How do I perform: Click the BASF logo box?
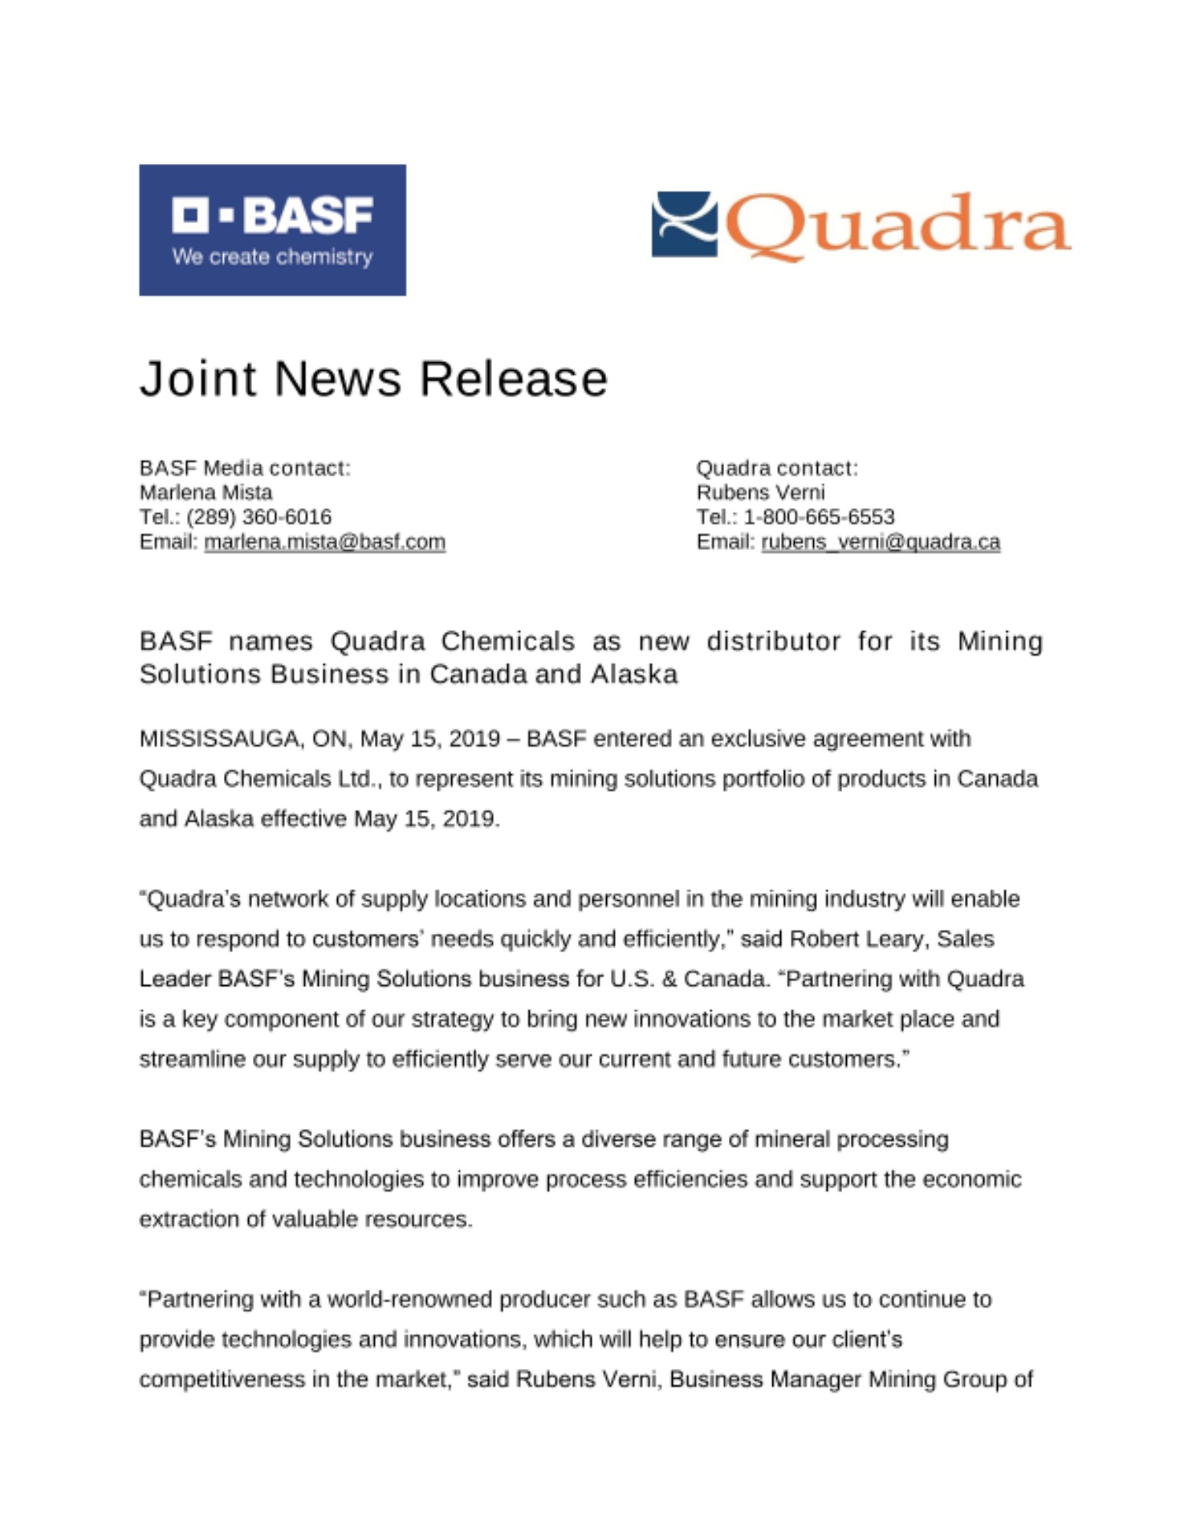tap(272, 229)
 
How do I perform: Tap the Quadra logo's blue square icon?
tap(684, 224)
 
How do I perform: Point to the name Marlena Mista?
tap(205, 492)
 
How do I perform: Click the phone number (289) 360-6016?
tap(258, 516)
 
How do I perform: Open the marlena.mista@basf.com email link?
tap(324, 542)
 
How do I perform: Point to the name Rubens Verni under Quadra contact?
tap(760, 492)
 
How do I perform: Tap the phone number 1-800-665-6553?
tap(818, 516)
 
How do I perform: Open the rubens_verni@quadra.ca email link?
tap(881, 542)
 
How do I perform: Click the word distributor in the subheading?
tap(773, 640)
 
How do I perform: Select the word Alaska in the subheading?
tap(634, 674)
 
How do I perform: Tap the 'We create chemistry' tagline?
tap(272, 257)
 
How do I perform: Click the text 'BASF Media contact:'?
tap(244, 467)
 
